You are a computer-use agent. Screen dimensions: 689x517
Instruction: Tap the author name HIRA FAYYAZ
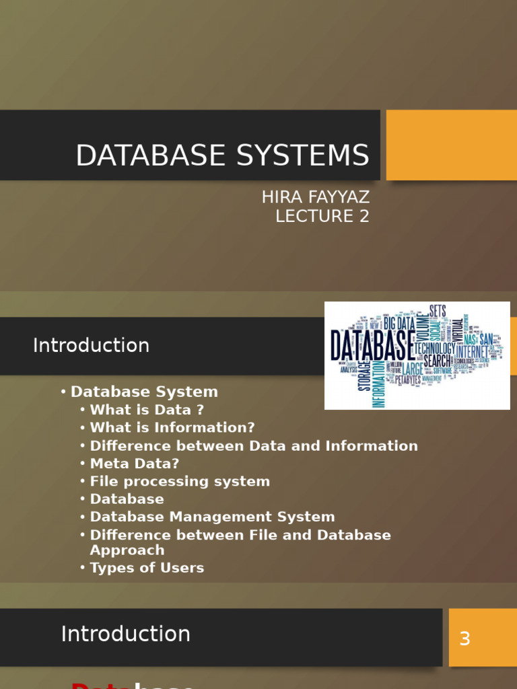click(316, 198)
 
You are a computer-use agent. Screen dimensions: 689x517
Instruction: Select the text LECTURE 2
click(322, 216)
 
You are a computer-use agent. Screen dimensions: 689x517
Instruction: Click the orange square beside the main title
click(451, 145)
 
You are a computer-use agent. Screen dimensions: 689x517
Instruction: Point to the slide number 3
click(464, 639)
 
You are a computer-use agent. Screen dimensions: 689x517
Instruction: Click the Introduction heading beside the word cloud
click(91, 345)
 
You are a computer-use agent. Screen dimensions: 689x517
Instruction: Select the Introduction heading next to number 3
click(125, 634)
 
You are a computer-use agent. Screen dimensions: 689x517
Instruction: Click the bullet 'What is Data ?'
click(146, 410)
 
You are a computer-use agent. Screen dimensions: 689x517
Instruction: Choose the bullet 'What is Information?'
click(172, 427)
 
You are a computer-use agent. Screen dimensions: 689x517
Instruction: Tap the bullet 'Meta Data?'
click(135, 464)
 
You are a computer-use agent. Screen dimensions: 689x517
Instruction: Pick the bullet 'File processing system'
click(180, 481)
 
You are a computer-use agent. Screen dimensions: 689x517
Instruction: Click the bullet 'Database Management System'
click(212, 517)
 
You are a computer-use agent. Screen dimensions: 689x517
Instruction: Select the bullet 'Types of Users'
click(147, 567)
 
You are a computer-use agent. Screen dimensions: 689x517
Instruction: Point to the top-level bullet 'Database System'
click(144, 392)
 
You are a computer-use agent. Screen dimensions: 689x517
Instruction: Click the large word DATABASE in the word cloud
click(372, 344)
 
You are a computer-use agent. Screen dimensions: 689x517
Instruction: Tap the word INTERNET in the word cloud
click(472, 351)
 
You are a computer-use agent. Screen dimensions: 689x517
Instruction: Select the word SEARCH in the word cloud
click(437, 361)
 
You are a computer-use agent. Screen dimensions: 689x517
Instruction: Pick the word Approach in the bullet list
click(127, 550)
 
